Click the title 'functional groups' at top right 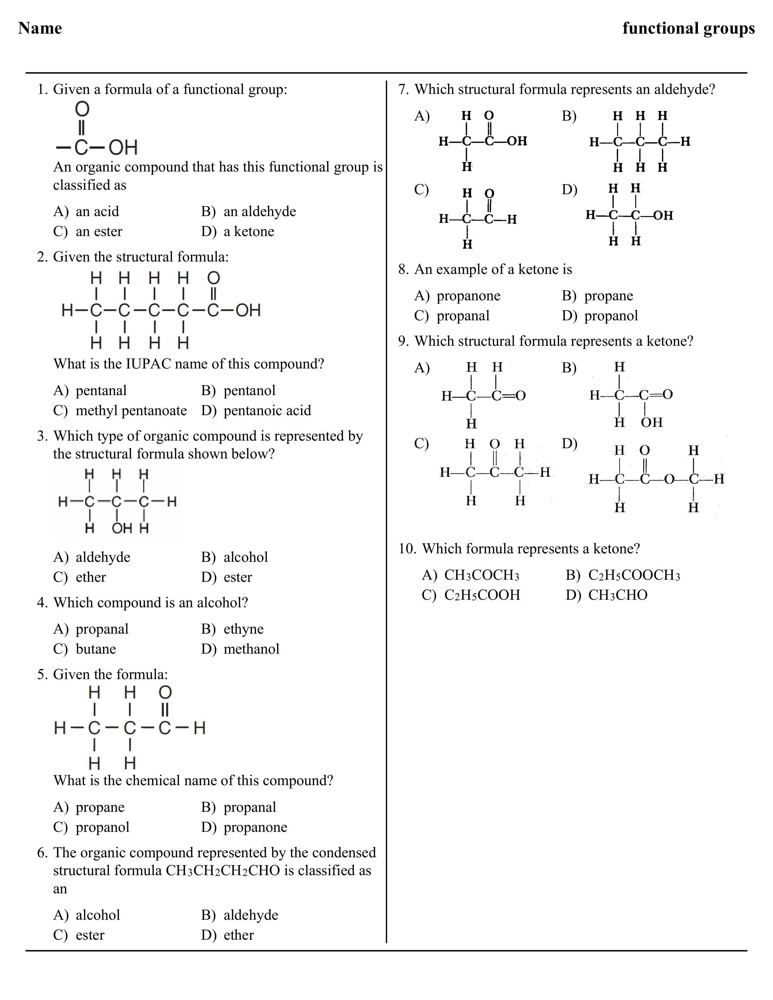pyautogui.click(x=688, y=28)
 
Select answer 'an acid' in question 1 pyautogui.click(x=97, y=211)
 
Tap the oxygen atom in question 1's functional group pyautogui.click(x=82, y=109)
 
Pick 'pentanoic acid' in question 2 pyautogui.click(x=267, y=410)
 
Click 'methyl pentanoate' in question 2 pyautogui.click(x=131, y=410)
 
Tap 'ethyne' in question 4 pyautogui.click(x=243, y=629)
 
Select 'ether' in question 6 pyautogui.click(x=239, y=935)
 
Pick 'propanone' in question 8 pyautogui.click(x=468, y=295)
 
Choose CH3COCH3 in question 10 pyautogui.click(x=482, y=575)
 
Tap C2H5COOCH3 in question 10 pyautogui.click(x=634, y=575)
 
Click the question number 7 pyautogui.click(x=403, y=89)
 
